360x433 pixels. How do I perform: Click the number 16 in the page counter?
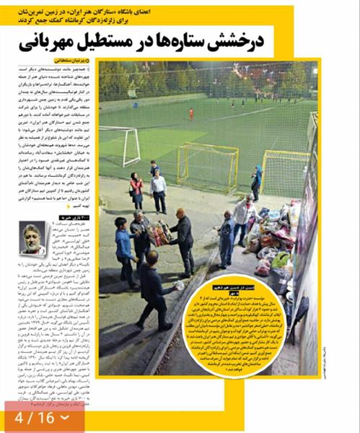45,417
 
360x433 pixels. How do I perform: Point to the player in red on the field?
191,114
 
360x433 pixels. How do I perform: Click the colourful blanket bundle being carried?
158,232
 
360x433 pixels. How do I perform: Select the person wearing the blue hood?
256,181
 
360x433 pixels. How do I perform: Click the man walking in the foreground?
155,285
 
